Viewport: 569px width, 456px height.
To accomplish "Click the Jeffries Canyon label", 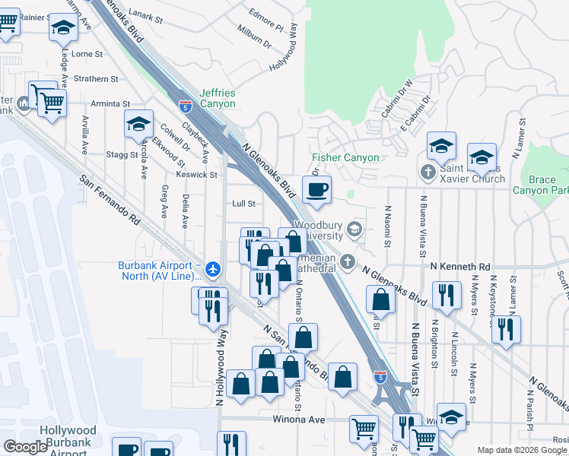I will [x=217, y=99].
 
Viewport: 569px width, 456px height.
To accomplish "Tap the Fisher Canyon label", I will [x=345, y=158].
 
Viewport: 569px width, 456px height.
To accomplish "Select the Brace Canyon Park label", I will [x=540, y=185].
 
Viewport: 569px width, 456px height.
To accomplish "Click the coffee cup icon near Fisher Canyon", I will [x=316, y=188].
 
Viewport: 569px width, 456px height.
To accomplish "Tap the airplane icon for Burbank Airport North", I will [x=213, y=268].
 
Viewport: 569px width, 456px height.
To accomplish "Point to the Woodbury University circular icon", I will [x=354, y=229].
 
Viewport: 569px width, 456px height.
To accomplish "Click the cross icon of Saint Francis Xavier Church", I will [x=428, y=172].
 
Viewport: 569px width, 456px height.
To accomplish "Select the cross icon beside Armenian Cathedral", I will [x=348, y=262].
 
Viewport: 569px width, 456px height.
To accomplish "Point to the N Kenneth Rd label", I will [x=459, y=268].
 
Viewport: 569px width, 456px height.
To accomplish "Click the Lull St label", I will [x=243, y=204].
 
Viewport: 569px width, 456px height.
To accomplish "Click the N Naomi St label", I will [x=387, y=226].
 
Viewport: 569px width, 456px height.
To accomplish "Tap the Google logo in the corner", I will [x=25, y=447].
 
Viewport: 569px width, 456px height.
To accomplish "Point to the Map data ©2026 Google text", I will [x=522, y=450].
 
